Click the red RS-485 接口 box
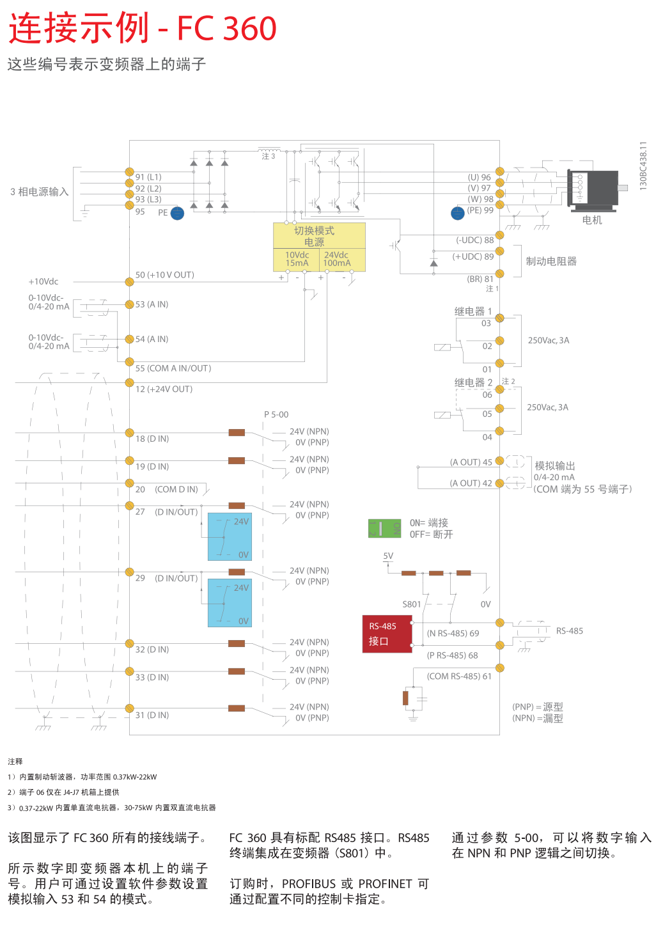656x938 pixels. coord(387,634)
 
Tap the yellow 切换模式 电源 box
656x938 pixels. coord(319,247)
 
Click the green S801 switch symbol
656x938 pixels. coord(384,528)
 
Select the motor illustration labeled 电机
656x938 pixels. coord(593,189)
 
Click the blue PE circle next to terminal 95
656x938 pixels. coord(178,213)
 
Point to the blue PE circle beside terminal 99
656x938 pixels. coord(458,213)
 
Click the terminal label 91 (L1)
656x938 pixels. coord(148,177)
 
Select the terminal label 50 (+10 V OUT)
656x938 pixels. coord(165,275)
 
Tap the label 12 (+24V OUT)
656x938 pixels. coord(164,389)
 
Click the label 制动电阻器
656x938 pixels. coord(551,261)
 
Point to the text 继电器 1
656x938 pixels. coord(473,311)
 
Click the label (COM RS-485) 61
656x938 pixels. coord(459,676)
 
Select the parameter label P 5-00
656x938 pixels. coord(276,414)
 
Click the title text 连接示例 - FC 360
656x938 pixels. coord(142,29)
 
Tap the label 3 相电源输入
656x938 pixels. coord(39,192)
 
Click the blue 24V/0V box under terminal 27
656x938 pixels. coord(230,536)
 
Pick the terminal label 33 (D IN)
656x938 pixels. coord(152,677)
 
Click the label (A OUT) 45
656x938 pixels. coord(471,462)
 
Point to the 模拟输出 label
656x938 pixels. coord(555,465)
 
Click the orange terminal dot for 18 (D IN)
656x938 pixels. coord(130,433)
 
